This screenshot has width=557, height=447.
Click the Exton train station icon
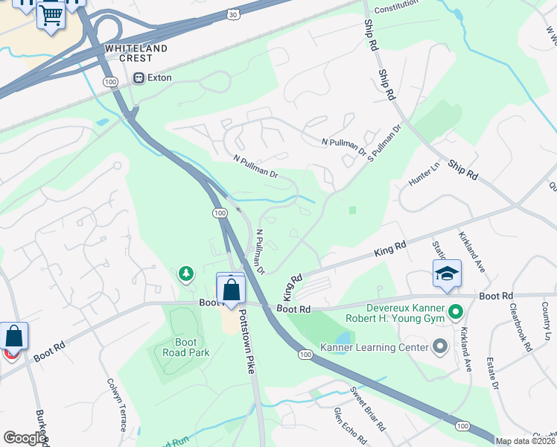139,77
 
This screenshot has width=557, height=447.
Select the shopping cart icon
51,14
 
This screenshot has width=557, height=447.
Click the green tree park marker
185,275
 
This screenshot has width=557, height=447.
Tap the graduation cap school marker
447,274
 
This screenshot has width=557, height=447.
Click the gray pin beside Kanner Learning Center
439,346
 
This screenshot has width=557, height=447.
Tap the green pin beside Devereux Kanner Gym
457,311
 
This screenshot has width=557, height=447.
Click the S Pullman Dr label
385,139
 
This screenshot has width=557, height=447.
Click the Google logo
25,438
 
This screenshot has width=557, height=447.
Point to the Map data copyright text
526,441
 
